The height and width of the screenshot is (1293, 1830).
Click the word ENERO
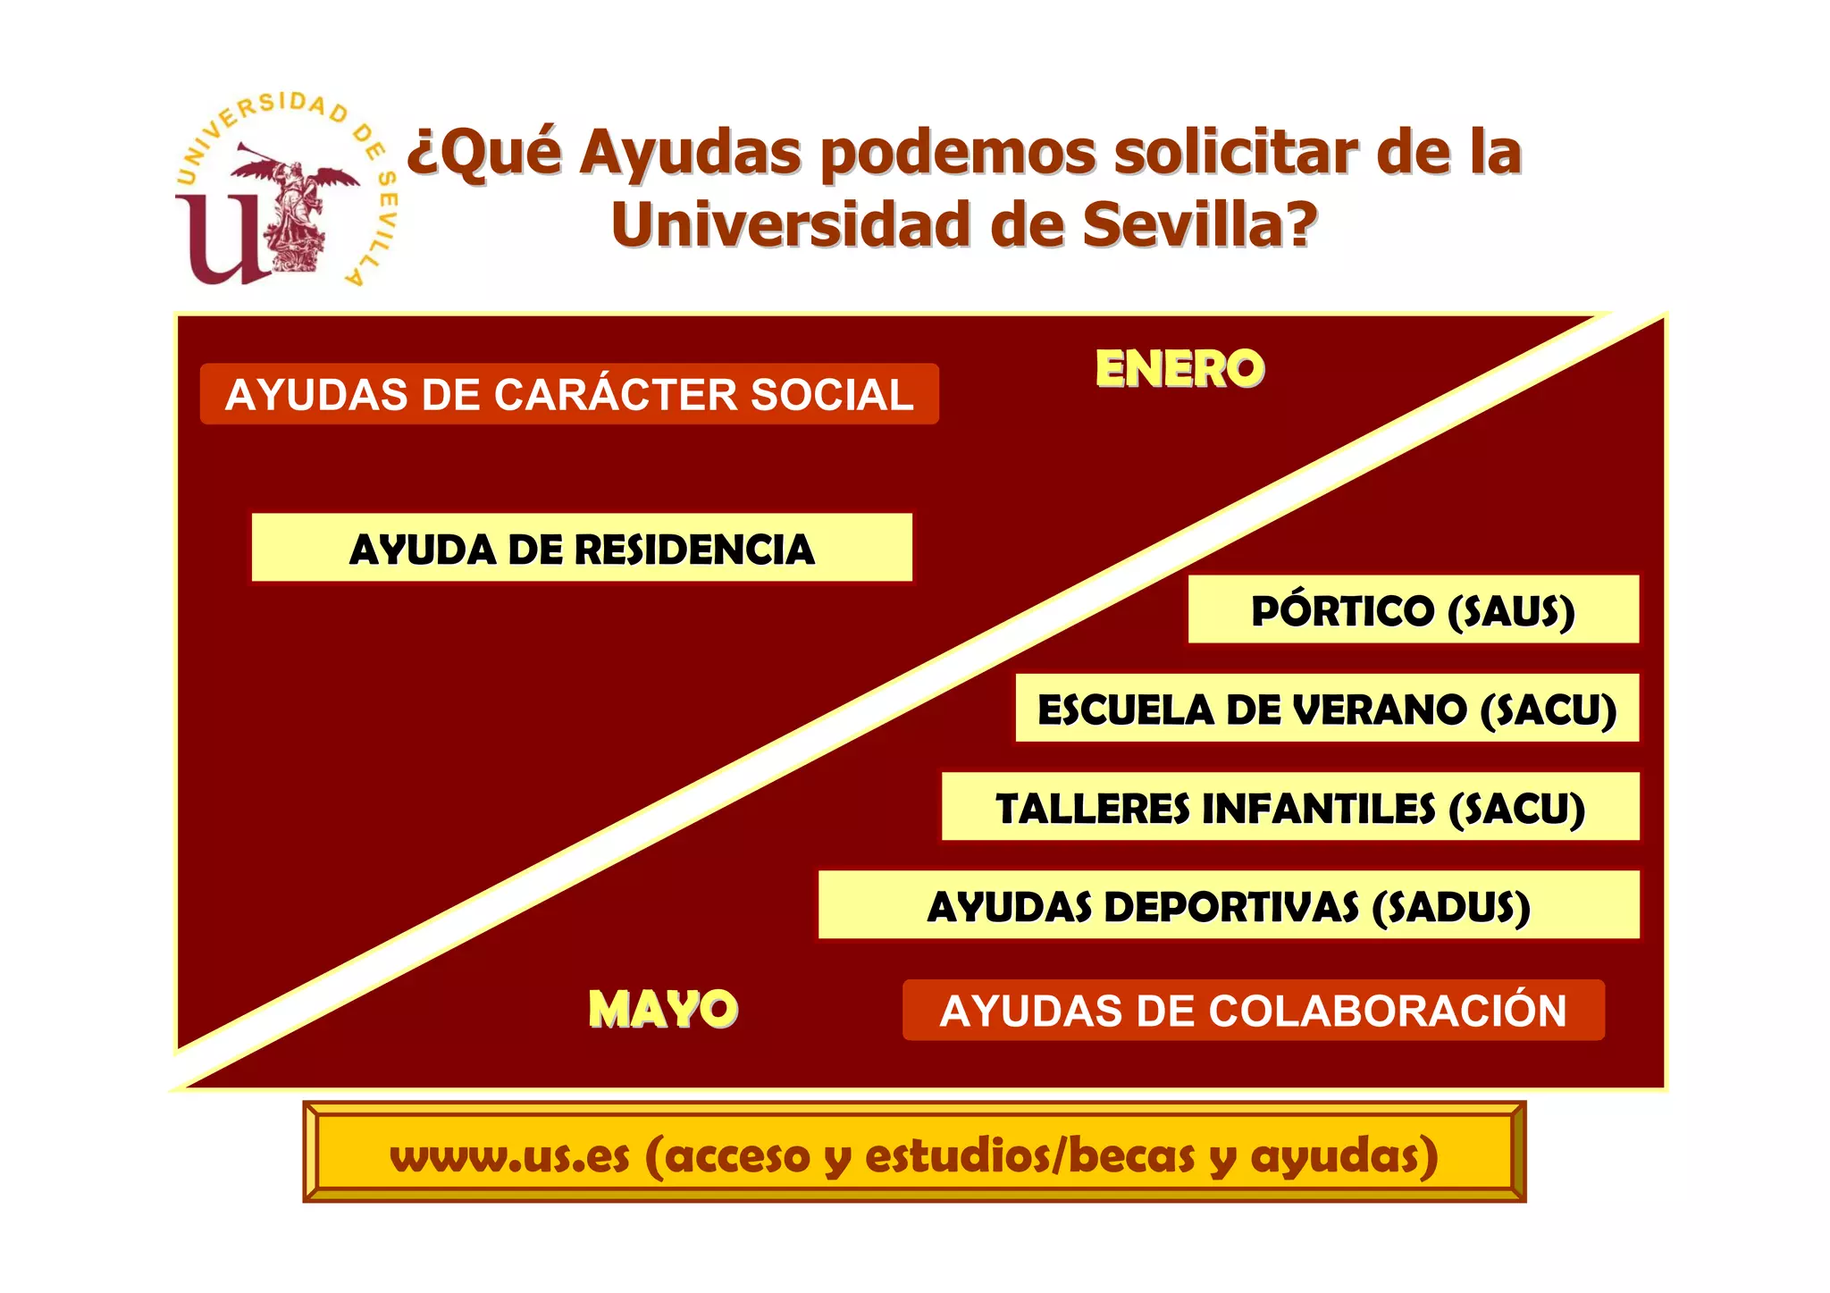click(1179, 369)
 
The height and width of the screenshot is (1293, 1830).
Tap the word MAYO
click(663, 1010)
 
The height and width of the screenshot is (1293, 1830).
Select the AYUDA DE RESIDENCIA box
click(582, 548)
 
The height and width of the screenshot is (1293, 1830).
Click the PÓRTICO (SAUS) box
click(1413, 610)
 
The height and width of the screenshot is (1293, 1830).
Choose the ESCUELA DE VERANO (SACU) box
click(1327, 709)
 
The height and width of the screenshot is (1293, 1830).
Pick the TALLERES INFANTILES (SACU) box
click(1290, 807)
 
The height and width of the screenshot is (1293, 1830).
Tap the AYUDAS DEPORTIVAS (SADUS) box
click(1229, 905)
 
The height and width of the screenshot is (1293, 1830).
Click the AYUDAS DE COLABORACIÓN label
click(1253, 1011)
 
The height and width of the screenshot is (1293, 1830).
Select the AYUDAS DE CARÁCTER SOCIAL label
click(569, 394)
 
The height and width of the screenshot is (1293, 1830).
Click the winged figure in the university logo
click(295, 210)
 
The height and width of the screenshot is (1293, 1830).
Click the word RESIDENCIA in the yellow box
click(695, 549)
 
